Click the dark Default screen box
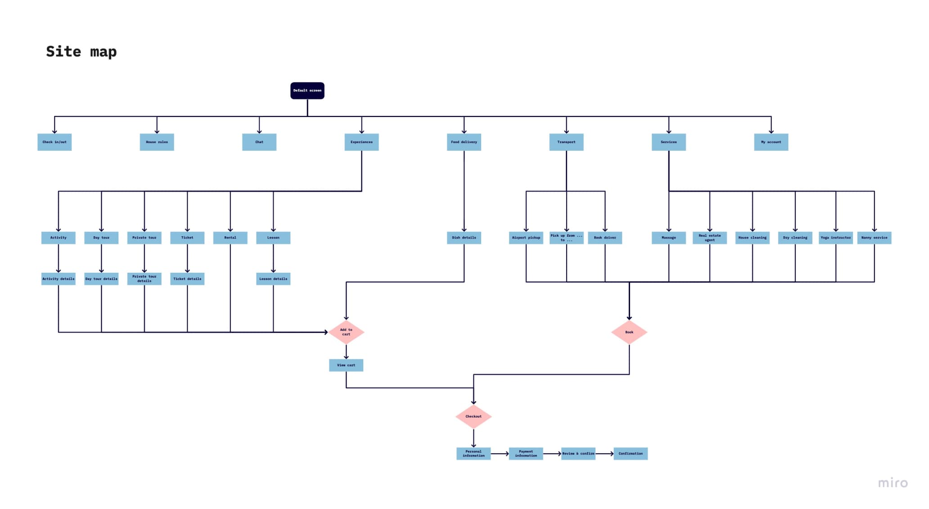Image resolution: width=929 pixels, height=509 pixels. tap(307, 90)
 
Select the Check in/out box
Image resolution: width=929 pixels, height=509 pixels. tap(54, 142)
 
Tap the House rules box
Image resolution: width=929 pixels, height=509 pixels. tap(157, 142)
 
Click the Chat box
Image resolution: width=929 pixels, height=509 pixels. tap(259, 142)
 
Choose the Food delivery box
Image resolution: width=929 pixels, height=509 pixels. tap(464, 142)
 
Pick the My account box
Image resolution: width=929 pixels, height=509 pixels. tap(771, 142)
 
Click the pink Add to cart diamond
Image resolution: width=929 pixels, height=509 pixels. tap(346, 332)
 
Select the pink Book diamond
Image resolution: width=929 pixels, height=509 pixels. tap(629, 332)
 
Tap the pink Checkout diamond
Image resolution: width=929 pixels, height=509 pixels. tap(473, 416)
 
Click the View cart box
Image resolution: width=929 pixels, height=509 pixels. tap(346, 365)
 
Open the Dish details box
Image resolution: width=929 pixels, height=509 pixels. tap(464, 238)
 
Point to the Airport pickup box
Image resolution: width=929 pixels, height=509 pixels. tap(526, 238)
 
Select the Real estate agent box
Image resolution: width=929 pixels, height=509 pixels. tap(709, 238)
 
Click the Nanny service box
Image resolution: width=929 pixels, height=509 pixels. tap(874, 238)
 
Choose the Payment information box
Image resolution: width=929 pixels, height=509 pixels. tap(526, 453)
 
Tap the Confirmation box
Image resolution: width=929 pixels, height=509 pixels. tap(630, 453)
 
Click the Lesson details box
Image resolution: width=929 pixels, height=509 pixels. tap(273, 279)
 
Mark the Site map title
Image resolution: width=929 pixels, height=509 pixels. tap(81, 52)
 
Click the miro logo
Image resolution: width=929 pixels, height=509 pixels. tap(893, 483)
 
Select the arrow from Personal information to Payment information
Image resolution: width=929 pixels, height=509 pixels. tap(500, 454)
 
